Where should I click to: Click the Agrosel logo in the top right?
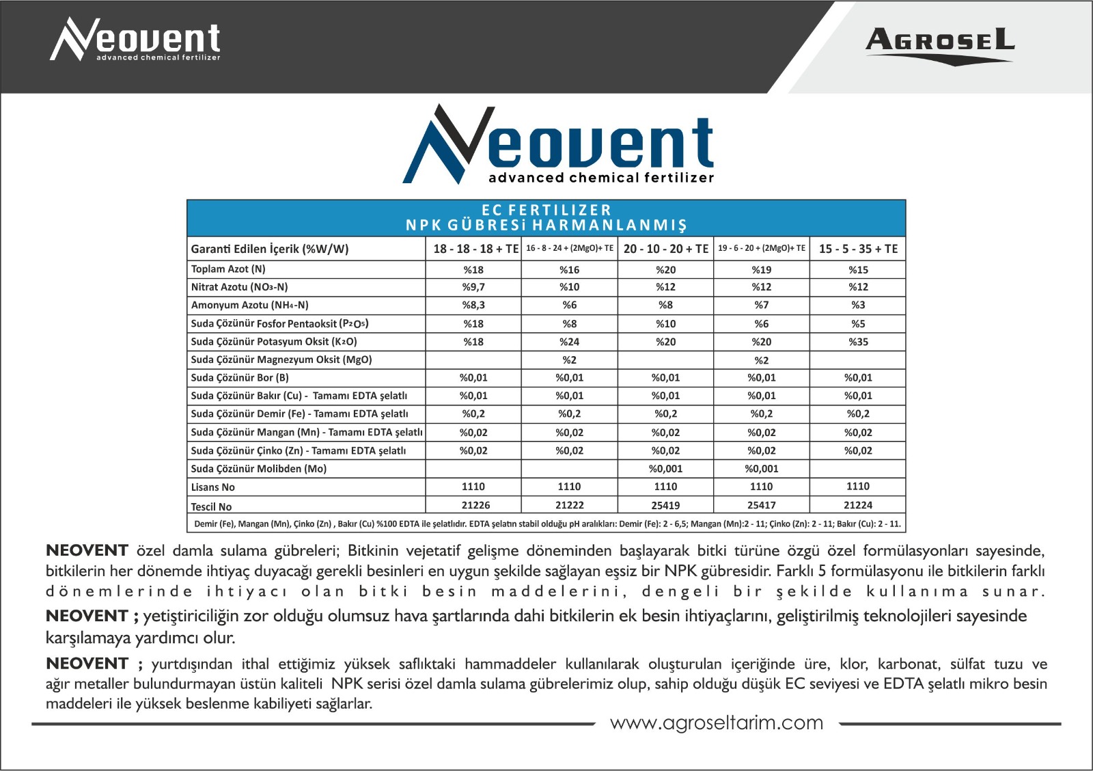tap(940, 45)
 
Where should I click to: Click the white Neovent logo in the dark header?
tap(136, 40)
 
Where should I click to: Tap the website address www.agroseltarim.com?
tap(717, 722)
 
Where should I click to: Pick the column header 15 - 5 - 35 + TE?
tap(858, 249)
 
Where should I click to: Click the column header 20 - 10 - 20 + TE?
tap(665, 249)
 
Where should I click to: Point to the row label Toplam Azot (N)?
tap(228, 269)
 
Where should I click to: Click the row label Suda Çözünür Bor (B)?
tap(240, 377)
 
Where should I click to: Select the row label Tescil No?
tap(211, 506)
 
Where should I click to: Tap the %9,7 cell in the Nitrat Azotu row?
tap(473, 287)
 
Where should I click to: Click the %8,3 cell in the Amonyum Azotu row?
tap(473, 305)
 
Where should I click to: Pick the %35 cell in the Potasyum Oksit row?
tap(858, 342)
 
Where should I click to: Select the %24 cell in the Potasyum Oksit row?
tap(569, 342)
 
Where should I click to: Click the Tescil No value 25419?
tap(665, 505)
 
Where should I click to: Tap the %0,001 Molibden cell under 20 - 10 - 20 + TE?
tap(665, 469)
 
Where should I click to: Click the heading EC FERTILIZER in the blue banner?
tap(546, 210)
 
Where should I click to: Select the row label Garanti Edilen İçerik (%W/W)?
tap(270, 249)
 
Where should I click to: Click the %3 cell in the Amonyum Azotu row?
tap(858, 305)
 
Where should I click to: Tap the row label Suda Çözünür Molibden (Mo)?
tap(259, 469)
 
